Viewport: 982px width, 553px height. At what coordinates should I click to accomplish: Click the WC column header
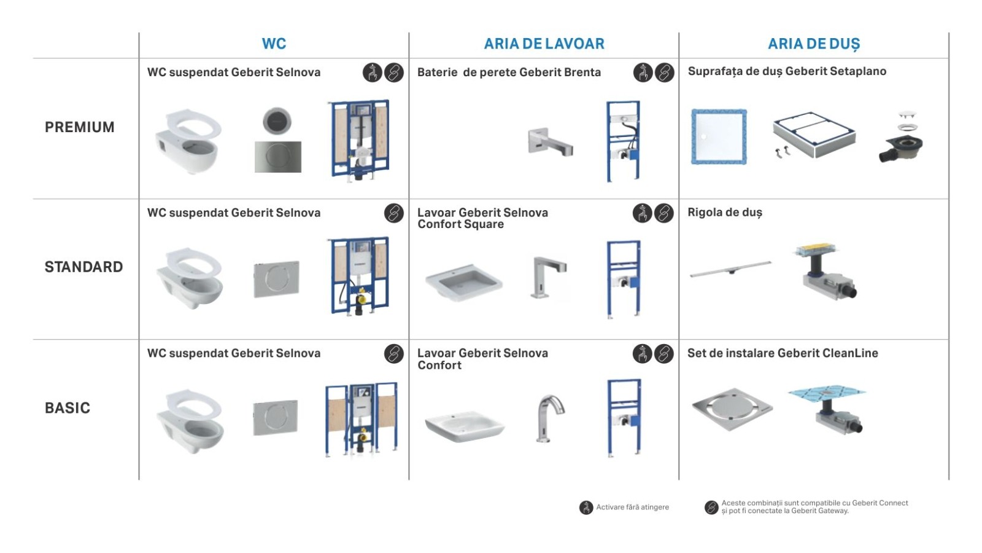pyautogui.click(x=274, y=44)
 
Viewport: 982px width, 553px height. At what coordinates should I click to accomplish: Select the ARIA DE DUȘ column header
pyautogui.click(x=814, y=44)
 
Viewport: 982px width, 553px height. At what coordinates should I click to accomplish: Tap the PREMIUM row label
pyautogui.click(x=80, y=127)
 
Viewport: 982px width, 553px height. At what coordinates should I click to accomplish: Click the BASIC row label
pyautogui.click(x=68, y=408)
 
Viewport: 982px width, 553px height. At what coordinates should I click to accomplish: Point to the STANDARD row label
pyautogui.click(x=83, y=267)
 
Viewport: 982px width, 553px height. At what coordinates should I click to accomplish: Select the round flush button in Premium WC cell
pyautogui.click(x=277, y=121)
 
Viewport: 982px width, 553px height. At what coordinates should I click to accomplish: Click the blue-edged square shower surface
pyautogui.click(x=719, y=137)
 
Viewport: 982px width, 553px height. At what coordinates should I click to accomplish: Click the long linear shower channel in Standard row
pyautogui.click(x=730, y=269)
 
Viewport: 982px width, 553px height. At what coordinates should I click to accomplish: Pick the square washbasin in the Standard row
pyautogui.click(x=463, y=283)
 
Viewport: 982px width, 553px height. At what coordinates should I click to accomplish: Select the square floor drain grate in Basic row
pyautogui.click(x=732, y=409)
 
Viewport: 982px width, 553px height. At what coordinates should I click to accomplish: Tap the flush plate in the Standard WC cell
pyautogui.click(x=276, y=280)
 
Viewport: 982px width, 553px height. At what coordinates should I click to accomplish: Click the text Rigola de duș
pyautogui.click(x=725, y=213)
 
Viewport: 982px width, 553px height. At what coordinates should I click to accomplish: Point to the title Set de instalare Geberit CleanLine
pyautogui.click(x=783, y=353)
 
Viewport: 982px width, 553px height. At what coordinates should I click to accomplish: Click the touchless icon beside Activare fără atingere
pyautogui.click(x=586, y=508)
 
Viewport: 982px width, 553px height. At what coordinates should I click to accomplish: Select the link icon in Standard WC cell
pyautogui.click(x=394, y=213)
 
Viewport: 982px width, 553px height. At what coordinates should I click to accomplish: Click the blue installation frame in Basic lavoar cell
pyautogui.click(x=624, y=418)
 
